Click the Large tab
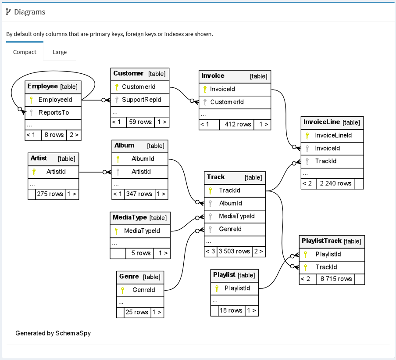pos(59,52)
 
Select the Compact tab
pos(25,52)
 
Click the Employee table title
pos(43,86)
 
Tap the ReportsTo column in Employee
pos(54,112)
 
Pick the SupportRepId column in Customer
pos(141,100)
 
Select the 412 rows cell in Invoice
pos(238,124)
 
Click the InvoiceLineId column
pos(333,135)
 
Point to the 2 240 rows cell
pos(335,184)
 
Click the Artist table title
pos(39,158)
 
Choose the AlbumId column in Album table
pos(143,159)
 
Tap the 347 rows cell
pos(139,194)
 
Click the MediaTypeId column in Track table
pos(237,216)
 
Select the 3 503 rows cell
pos(234,251)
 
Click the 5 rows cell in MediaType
pos(140,253)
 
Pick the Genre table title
pos(129,277)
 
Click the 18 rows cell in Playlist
pos(231,310)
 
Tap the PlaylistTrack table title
pos(321,241)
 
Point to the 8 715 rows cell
pos(336,279)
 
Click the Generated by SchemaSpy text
pos(53,333)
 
